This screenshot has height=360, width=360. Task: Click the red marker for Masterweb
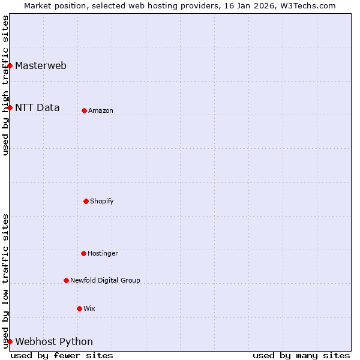pyautogui.click(x=10, y=65)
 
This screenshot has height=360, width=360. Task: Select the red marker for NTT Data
pyautogui.click(x=10, y=107)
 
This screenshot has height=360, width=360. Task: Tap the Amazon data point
pyautogui.click(x=84, y=110)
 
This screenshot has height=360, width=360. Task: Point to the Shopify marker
pyautogui.click(x=86, y=201)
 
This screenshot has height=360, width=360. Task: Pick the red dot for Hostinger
pyautogui.click(x=83, y=253)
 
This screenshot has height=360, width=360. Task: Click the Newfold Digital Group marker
pyautogui.click(x=66, y=280)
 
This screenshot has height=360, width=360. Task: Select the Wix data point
pyautogui.click(x=79, y=308)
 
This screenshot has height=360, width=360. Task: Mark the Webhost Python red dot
pyautogui.click(x=10, y=341)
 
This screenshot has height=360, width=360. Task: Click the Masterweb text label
pyautogui.click(x=41, y=66)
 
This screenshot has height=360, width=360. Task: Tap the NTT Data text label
pyautogui.click(x=37, y=108)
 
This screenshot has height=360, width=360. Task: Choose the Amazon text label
pyautogui.click(x=101, y=110)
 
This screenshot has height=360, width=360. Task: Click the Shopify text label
pyautogui.click(x=102, y=201)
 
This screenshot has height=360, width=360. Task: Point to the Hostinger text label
pyautogui.click(x=103, y=253)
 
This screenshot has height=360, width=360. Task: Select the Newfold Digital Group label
pyautogui.click(x=105, y=280)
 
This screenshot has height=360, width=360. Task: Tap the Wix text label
pyautogui.click(x=89, y=308)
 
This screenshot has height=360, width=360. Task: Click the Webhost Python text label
pyautogui.click(x=54, y=342)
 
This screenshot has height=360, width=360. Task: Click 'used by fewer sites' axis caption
pyautogui.click(x=62, y=355)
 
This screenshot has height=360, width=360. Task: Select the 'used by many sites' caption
pyautogui.click(x=301, y=355)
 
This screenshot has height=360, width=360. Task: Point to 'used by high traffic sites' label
pyautogui.click(x=5, y=85)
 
